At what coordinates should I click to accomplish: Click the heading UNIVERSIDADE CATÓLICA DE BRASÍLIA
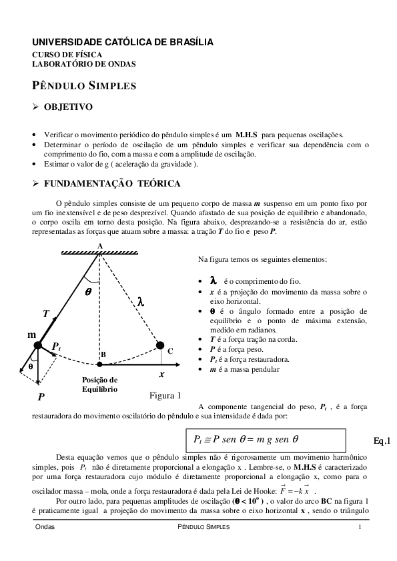(x=123, y=42)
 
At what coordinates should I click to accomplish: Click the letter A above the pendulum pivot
(x=99, y=246)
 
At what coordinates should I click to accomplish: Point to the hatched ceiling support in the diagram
(x=100, y=253)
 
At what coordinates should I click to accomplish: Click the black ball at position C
(x=159, y=345)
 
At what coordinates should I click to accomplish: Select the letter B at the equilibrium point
(x=103, y=354)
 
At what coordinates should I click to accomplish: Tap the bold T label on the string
(x=45, y=314)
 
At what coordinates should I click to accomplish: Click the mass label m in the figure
(x=31, y=334)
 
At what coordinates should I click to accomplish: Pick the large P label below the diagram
(x=41, y=396)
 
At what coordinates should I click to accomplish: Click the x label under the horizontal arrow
(x=161, y=374)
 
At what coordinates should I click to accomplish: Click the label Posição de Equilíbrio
(x=99, y=384)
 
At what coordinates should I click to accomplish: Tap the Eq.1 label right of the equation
(x=382, y=440)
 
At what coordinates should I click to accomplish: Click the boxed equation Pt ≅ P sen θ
(x=265, y=440)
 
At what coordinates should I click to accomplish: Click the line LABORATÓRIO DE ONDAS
(x=84, y=64)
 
